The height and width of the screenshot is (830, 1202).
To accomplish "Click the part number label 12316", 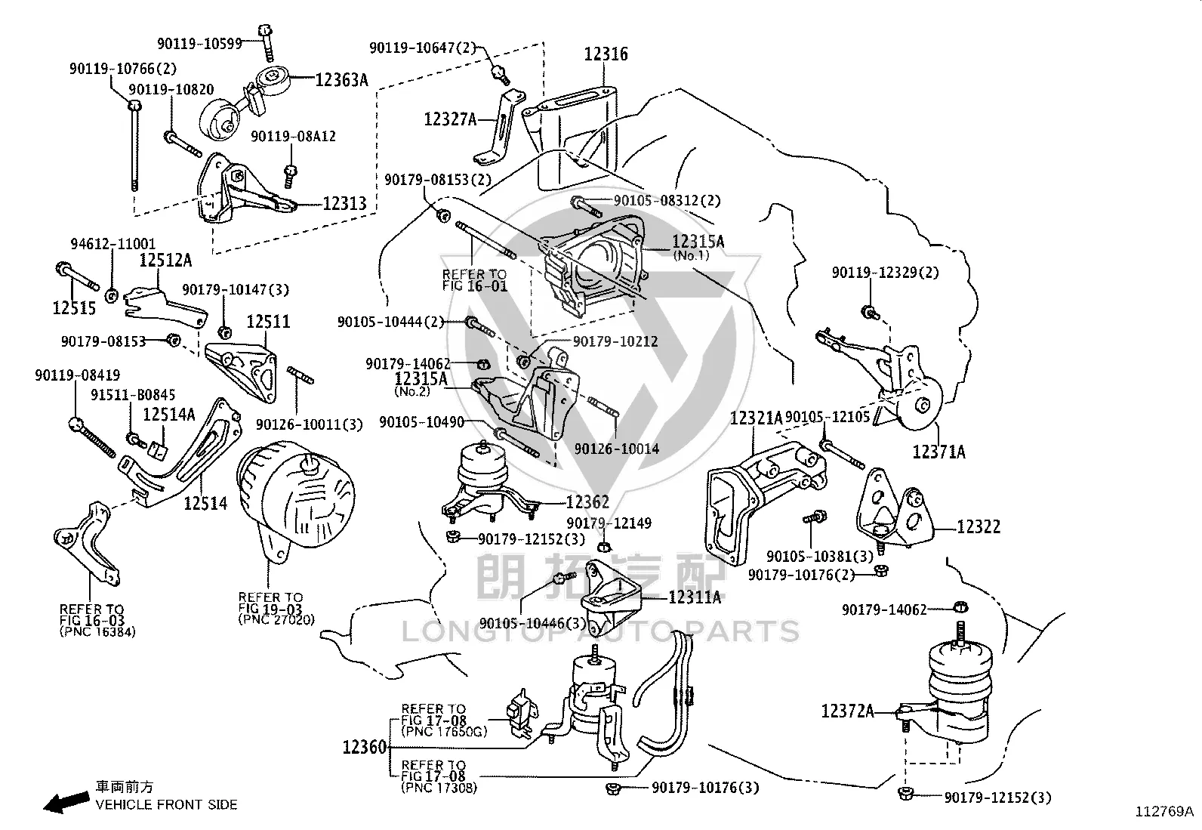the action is (x=606, y=54).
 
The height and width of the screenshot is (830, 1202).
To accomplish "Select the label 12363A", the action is (x=341, y=80).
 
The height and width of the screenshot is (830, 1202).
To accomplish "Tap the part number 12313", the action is (x=344, y=203).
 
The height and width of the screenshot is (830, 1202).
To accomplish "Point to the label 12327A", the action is (x=450, y=119).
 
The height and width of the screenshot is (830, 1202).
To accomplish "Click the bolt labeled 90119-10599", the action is (x=267, y=42).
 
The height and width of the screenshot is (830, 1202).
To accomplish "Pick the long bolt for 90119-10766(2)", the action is (x=134, y=144).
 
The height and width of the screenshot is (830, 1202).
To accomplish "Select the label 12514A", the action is (x=169, y=415).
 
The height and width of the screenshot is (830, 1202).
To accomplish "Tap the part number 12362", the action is (x=587, y=502).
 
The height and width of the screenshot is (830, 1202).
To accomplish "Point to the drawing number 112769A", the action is (x=1164, y=811).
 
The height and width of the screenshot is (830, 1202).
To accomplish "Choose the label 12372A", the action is (x=848, y=711).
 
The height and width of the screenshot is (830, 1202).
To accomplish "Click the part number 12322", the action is (x=979, y=526).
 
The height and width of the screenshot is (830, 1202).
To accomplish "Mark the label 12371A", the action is (x=939, y=452).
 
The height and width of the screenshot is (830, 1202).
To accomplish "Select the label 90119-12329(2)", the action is (x=886, y=273).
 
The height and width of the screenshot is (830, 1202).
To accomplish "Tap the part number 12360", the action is (x=365, y=747).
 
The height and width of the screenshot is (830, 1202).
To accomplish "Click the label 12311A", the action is (x=695, y=597).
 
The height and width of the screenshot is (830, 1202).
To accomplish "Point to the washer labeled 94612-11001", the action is (x=111, y=295).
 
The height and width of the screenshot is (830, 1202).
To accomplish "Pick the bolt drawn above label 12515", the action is (x=77, y=276).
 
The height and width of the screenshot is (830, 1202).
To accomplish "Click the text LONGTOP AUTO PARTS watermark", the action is (x=600, y=631).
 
